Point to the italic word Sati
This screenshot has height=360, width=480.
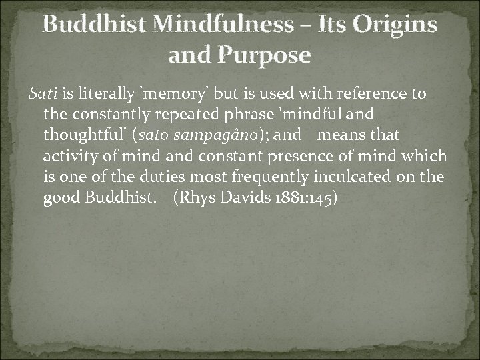[42, 93]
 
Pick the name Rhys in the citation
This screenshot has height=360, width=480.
[195, 199]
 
